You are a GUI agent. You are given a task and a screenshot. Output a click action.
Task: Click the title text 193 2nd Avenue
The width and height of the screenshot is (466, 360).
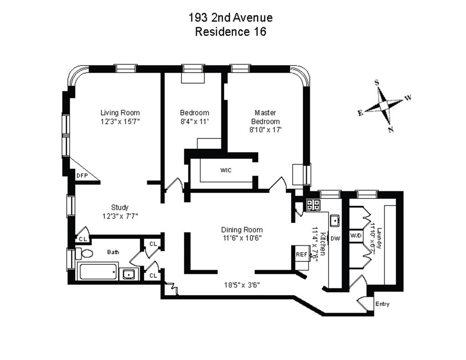[x=231, y=18]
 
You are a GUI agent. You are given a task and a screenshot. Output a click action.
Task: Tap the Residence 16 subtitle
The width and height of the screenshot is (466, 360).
[x=231, y=32]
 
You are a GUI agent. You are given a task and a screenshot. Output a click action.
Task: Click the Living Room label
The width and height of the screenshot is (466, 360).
[x=120, y=113]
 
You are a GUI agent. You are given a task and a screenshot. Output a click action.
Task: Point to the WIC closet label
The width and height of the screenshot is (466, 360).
[x=226, y=170]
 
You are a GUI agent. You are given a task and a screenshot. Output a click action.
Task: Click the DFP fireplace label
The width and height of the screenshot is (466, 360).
[x=82, y=175]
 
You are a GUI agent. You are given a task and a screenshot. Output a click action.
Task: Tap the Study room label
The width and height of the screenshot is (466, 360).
[x=120, y=208]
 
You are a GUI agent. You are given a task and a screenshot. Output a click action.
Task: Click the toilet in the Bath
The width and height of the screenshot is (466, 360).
[x=85, y=253]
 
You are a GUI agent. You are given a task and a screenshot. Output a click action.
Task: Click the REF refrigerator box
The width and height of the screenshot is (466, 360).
[x=302, y=255]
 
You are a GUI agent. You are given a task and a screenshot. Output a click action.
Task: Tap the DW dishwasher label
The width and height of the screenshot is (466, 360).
[x=335, y=238]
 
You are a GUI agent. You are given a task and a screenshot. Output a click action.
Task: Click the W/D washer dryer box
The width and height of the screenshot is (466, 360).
[x=356, y=236]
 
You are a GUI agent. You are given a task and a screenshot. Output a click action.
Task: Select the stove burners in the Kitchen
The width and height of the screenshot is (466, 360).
[x=313, y=205]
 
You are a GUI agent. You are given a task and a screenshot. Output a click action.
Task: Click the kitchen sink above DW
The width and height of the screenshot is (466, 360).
[x=336, y=220]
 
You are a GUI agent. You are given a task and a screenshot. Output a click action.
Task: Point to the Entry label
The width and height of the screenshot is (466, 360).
[x=382, y=304]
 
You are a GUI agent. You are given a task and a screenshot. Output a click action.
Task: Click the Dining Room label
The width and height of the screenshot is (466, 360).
[x=242, y=230]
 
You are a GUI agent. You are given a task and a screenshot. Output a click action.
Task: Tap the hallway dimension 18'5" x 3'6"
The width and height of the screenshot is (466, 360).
[x=242, y=285]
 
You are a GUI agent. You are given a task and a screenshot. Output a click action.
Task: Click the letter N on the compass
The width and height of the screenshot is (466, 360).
[x=390, y=130]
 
